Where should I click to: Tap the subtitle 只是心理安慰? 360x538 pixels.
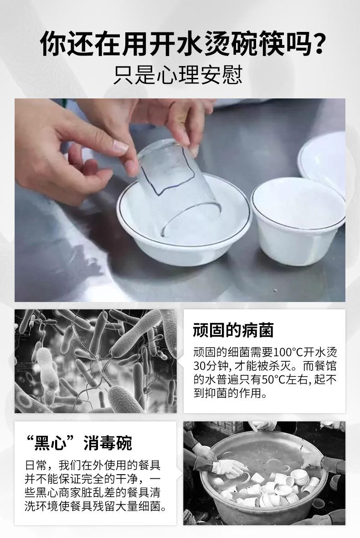coord(179,75)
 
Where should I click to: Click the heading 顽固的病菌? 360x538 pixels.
coord(233,330)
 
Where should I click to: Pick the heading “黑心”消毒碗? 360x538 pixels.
coord(78,443)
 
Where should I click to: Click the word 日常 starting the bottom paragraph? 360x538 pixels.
coord(36,466)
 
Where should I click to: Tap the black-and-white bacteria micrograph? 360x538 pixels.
coord(96,361)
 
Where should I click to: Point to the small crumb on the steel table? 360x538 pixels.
coord(274,290)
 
